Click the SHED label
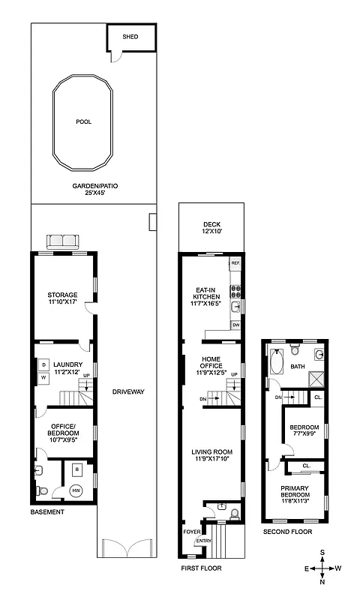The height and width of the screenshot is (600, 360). pyautogui.click(x=130, y=36)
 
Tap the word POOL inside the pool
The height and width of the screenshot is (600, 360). pyautogui.click(x=83, y=122)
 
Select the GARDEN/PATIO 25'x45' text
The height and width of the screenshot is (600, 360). pyautogui.click(x=94, y=189)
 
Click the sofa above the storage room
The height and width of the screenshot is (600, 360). pyautogui.click(x=63, y=241)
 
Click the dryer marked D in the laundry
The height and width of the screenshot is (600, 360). pyautogui.click(x=43, y=365)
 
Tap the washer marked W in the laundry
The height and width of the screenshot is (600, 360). pyautogui.click(x=43, y=377)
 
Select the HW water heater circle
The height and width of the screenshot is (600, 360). pyautogui.click(x=76, y=490)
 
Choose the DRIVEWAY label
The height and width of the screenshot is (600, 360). pyautogui.click(x=127, y=392)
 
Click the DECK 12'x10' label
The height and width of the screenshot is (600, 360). pyautogui.click(x=211, y=228)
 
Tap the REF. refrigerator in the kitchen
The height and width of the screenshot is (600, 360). pyautogui.click(x=235, y=264)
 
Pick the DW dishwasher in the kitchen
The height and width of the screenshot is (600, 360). pyautogui.click(x=235, y=324)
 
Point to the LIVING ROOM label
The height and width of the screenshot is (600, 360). pyautogui.click(x=210, y=451)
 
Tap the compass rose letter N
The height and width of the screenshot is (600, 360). pyautogui.click(x=322, y=581)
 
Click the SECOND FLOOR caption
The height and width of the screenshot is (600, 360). pyautogui.click(x=287, y=532)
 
